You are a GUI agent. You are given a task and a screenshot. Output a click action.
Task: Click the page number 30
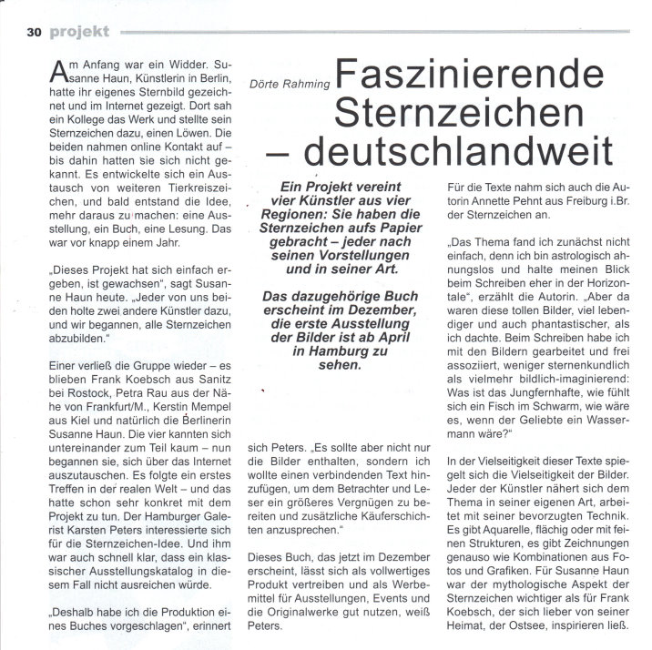click(35, 32)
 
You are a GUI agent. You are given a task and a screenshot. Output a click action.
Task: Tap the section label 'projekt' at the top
click(78, 32)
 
